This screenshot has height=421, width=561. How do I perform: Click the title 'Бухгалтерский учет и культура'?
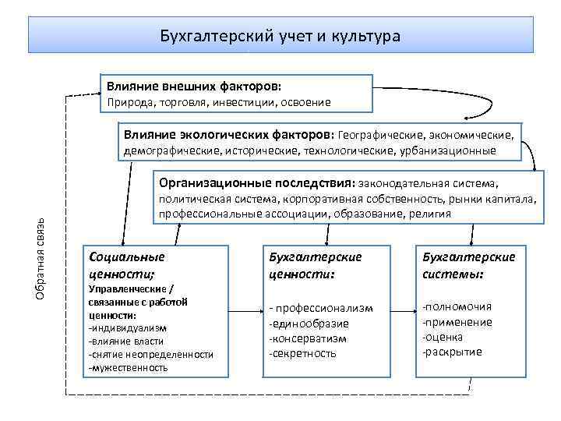280,36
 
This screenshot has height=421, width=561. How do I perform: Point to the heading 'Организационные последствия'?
256,184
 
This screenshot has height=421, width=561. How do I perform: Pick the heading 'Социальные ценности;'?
127,264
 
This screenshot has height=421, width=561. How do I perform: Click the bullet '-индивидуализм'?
128,328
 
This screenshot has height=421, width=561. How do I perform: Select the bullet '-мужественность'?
129,366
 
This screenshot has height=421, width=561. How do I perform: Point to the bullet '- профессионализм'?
320,309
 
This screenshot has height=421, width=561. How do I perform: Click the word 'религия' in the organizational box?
429,213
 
